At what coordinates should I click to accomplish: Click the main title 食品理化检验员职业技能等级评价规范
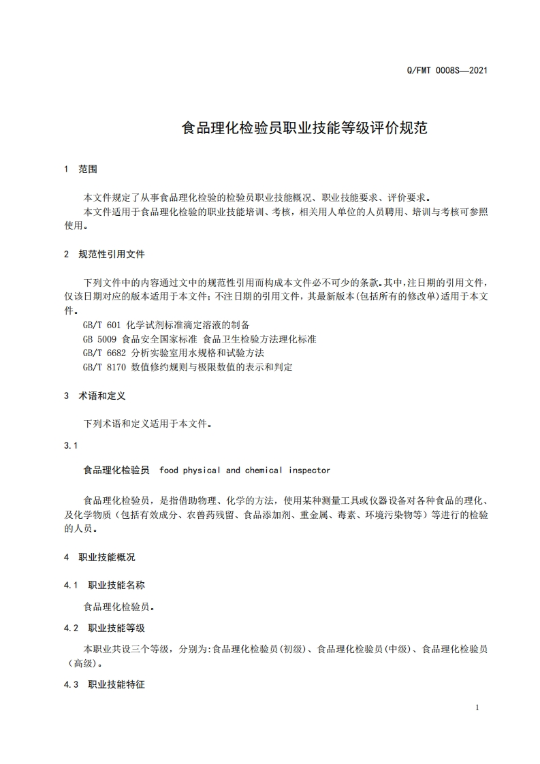[304, 127]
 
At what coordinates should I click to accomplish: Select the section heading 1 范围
[80, 170]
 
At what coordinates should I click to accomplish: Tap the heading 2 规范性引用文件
[104, 254]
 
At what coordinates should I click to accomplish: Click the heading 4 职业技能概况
[99, 557]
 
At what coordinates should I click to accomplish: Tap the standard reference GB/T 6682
[104, 353]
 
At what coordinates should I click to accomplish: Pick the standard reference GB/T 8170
[104, 367]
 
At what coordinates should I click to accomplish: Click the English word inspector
[309, 470]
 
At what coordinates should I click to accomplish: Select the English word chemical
[264, 470]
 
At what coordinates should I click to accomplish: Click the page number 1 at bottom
[477, 707]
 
